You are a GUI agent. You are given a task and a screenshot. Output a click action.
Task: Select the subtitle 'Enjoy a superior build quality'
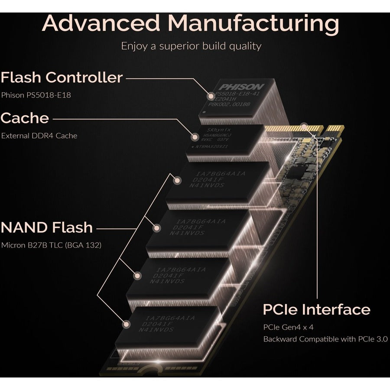191,45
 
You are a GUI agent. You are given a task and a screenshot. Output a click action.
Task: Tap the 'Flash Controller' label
62,78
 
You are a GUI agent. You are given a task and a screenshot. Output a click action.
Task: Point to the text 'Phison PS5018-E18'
36,95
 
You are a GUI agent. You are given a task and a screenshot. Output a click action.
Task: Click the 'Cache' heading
25,118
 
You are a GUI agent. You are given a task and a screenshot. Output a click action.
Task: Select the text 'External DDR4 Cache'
39,136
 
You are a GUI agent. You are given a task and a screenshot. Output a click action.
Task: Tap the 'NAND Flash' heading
47,227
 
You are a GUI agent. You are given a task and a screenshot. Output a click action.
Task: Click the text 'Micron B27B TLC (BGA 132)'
51,245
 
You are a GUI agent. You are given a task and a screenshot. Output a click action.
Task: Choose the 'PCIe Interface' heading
316,309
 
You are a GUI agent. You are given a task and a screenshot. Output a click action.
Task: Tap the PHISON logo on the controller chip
241,87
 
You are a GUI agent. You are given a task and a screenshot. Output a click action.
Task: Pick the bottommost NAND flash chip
167,325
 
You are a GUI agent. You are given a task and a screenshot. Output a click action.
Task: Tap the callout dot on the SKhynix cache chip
195,138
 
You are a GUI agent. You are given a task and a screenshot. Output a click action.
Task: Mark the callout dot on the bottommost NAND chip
127,323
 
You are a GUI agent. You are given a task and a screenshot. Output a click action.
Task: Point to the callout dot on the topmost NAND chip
176,181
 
